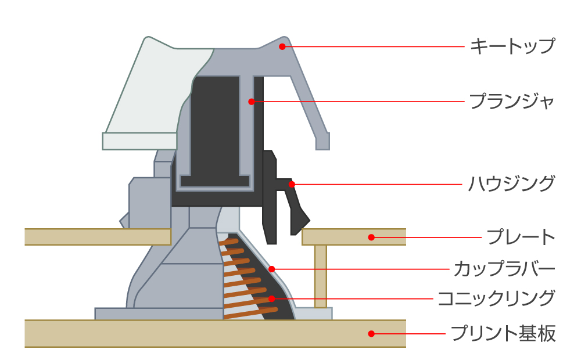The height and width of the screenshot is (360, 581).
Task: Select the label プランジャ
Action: tap(511, 102)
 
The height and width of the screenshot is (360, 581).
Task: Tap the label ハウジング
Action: tap(511, 184)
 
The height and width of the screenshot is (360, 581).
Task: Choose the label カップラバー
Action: tap(504, 269)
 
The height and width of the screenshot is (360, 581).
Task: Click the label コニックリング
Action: tap(496, 299)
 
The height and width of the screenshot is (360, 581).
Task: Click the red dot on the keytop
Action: tap(282, 46)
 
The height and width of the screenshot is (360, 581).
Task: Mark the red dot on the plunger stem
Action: tap(252, 102)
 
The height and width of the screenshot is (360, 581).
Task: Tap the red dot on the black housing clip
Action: tap(292, 184)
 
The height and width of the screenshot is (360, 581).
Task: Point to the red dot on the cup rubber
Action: tap(271, 269)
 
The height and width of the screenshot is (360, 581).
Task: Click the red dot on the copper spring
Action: tap(271, 299)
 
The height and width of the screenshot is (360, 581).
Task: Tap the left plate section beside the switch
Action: tap(93, 236)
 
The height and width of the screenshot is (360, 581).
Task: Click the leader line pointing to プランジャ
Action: tap(360, 102)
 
